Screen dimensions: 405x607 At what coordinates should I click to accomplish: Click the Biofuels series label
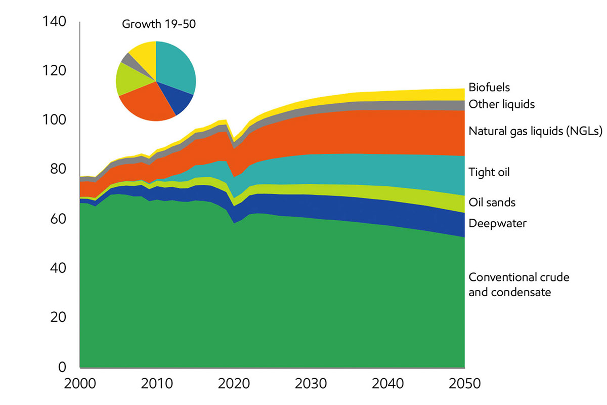click(489, 87)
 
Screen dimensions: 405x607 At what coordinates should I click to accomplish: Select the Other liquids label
click(502, 104)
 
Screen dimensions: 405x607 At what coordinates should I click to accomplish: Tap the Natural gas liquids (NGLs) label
click(536, 132)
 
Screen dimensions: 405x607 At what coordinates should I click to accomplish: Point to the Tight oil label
click(489, 172)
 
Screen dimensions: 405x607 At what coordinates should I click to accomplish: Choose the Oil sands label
click(492, 202)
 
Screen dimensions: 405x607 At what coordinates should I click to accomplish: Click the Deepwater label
click(498, 223)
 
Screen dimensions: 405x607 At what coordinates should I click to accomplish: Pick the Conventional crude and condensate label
click(519, 285)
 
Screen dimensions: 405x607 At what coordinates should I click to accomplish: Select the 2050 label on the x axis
click(464, 383)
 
